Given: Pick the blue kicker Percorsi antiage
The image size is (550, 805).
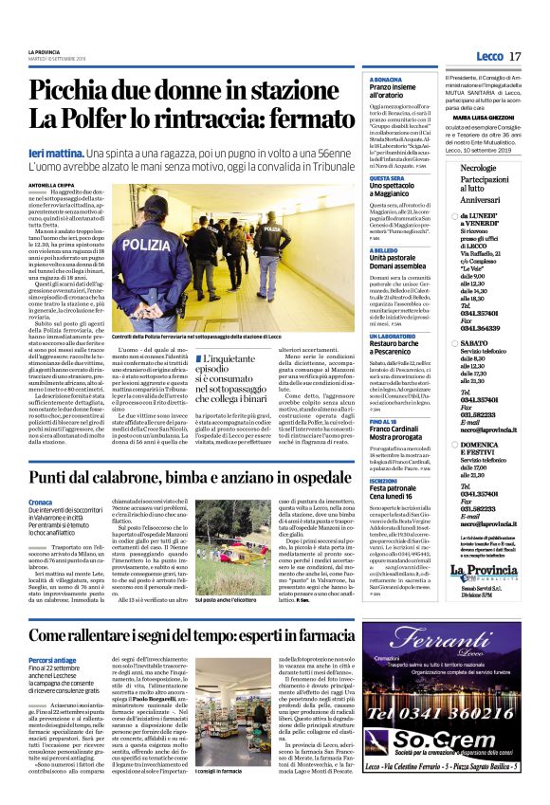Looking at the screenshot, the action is coord(53,660).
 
